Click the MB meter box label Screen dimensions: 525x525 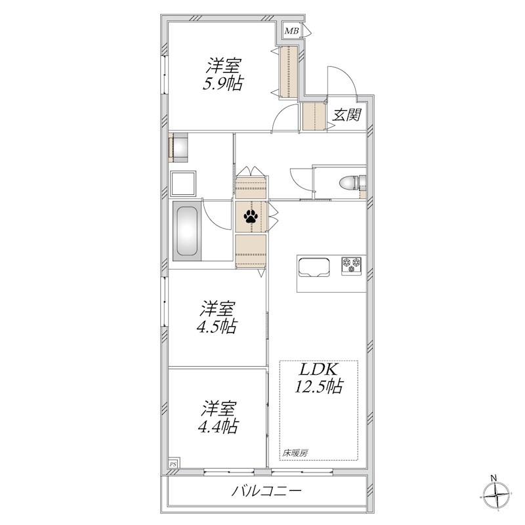point(291,31)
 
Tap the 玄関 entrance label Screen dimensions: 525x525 point(346,115)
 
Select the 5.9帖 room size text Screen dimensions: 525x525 point(223,84)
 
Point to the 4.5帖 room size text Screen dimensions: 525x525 point(217,326)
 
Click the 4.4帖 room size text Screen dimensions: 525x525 point(219,426)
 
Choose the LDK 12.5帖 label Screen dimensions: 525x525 point(319,378)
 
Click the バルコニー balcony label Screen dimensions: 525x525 point(267,491)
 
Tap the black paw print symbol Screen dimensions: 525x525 point(251,217)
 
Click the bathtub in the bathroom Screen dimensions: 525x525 point(187,231)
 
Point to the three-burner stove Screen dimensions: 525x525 point(352,266)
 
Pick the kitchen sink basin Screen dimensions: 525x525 point(314,267)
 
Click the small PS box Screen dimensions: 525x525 point(173,464)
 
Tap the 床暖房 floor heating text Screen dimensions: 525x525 point(295,453)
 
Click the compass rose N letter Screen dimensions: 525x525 point(493,478)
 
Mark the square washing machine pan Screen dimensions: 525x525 point(183,184)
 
